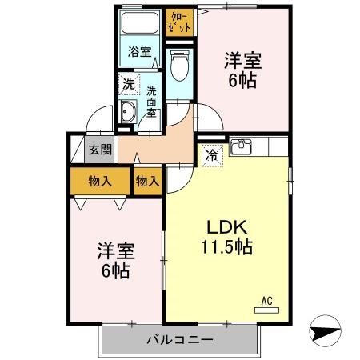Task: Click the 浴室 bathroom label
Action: coord(140,53)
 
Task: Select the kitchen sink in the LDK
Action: coord(241,147)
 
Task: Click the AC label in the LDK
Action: coord(268,301)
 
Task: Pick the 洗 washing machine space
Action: coord(128,83)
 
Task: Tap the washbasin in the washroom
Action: coord(128,113)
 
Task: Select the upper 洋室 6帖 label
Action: coord(242,68)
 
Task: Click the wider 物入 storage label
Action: coord(99,181)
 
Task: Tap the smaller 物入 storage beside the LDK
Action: coord(148,181)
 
